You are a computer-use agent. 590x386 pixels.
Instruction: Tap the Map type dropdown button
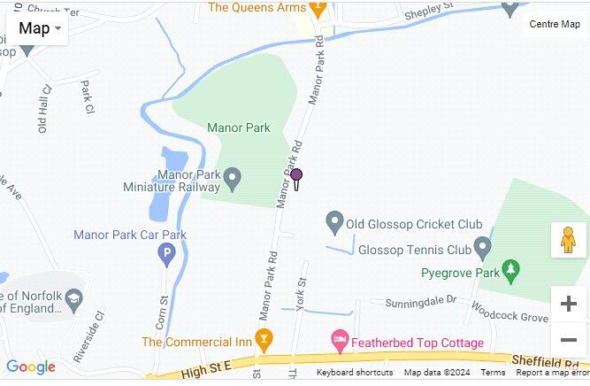41,28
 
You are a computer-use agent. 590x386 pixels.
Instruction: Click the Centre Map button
555,24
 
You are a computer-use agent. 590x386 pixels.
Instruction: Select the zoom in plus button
568,304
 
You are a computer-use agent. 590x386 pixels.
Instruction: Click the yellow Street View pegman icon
568,240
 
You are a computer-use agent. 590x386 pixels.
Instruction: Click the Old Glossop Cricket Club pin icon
334,220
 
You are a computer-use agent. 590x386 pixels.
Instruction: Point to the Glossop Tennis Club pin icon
482,245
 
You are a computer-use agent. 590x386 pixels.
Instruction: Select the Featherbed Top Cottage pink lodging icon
339,339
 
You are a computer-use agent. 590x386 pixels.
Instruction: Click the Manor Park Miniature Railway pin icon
233,181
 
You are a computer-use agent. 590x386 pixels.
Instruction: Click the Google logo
30,367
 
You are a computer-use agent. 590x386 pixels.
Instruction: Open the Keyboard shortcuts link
355,373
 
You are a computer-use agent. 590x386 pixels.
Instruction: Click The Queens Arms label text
257,8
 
